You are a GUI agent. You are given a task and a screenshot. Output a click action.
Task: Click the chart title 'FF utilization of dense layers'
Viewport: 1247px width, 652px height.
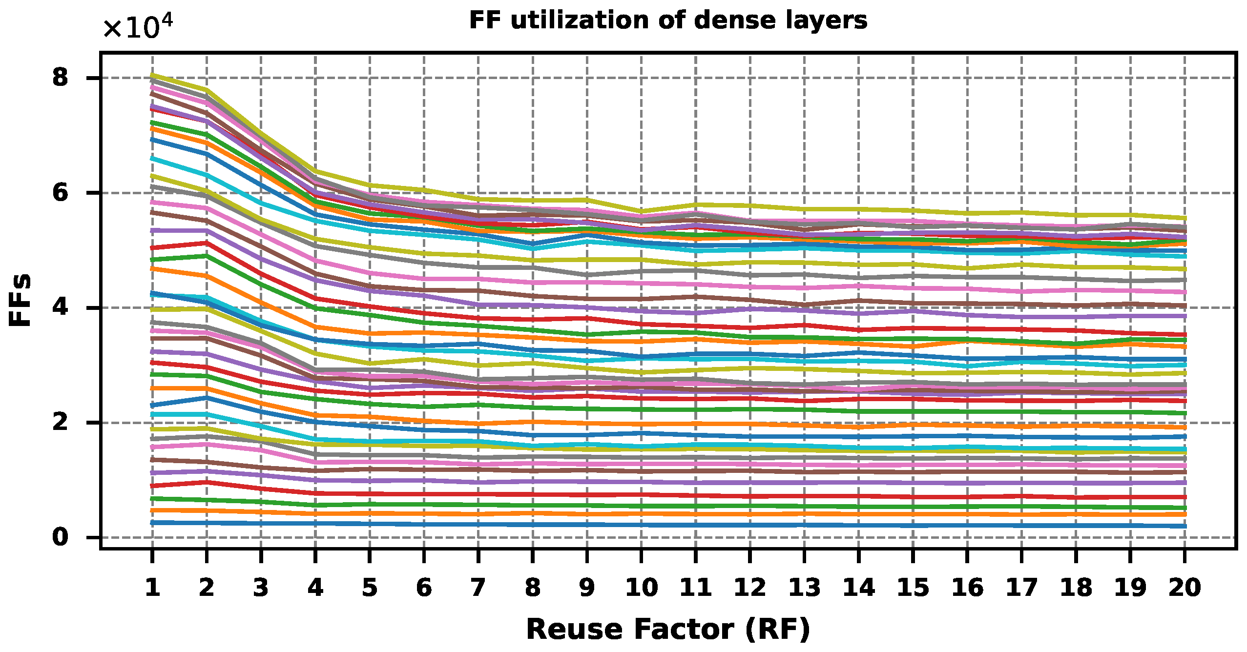(x=668, y=20)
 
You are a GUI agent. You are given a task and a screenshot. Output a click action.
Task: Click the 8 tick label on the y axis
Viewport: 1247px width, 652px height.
(x=61, y=78)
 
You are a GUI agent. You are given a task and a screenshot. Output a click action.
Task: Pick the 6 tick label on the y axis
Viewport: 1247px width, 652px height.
(x=61, y=193)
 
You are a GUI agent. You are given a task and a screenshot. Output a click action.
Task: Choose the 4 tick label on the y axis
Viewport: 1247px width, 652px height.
(x=61, y=307)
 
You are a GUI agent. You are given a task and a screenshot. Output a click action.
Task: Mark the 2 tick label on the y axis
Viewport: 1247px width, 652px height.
(x=61, y=422)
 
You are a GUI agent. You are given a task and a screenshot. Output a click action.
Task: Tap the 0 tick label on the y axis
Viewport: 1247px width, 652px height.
(x=61, y=537)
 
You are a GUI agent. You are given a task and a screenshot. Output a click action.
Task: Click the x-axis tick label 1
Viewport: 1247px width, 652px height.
(x=152, y=587)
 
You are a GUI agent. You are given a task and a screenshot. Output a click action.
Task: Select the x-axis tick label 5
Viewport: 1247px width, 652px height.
(x=370, y=587)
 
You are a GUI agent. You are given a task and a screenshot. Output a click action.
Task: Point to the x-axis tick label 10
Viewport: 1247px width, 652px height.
(x=641, y=587)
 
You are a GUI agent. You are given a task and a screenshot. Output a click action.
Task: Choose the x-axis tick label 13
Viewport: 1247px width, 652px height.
(x=804, y=587)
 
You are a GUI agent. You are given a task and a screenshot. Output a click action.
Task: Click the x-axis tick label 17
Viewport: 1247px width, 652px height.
(x=1021, y=587)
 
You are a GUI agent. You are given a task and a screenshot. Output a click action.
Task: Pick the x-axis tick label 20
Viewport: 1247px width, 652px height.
(x=1185, y=587)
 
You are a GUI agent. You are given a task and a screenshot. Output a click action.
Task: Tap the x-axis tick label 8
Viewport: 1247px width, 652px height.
(x=533, y=587)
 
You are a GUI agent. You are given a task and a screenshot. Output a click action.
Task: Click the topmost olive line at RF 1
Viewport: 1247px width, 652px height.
(x=152, y=75)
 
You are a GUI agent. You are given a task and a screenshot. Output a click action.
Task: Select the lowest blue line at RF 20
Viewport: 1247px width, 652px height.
(x=1184, y=526)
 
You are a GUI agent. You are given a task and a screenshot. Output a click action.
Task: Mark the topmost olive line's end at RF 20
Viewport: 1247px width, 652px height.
(x=1184, y=218)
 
